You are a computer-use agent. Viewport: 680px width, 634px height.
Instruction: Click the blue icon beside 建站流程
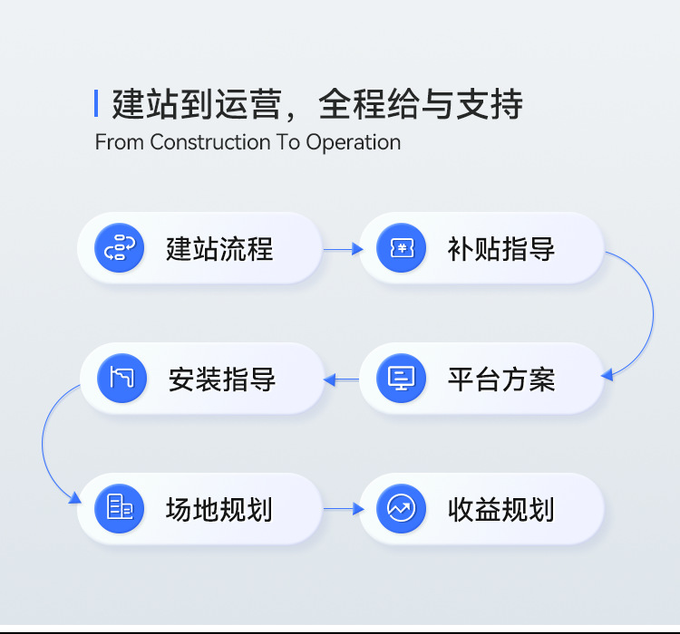121,248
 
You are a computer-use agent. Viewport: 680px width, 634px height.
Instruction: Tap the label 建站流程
219,248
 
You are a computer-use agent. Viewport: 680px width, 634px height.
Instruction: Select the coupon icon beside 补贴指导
402,248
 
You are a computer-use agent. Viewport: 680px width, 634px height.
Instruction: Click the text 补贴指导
501,248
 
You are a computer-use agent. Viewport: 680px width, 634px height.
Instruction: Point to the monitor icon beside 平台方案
402,378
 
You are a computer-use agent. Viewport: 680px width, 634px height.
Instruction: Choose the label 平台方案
501,379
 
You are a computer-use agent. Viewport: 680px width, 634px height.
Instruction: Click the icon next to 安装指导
122,378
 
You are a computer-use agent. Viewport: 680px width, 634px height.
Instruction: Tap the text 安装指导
222,379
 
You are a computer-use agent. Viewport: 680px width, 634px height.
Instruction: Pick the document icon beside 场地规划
121,508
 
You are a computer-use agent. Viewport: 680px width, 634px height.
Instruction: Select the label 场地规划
219,509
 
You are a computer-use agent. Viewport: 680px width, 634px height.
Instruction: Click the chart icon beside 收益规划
402,508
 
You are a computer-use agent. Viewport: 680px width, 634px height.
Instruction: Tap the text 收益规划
501,509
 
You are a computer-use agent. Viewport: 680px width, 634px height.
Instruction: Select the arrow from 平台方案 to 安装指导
341,379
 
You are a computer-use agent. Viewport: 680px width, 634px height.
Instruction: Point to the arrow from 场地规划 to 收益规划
343,509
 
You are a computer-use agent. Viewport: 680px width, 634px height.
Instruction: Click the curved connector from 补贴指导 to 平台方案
652,312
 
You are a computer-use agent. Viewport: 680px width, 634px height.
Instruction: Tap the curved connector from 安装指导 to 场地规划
42,444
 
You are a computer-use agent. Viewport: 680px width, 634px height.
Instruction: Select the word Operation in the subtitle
353,142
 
